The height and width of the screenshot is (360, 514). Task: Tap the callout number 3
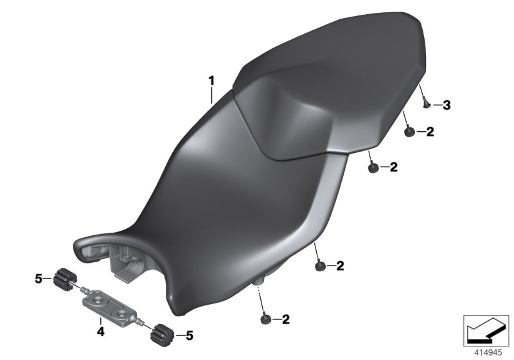(x=447, y=105)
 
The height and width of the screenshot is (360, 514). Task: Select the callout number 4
(x=100, y=332)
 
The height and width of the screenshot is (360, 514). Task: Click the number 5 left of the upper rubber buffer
(x=38, y=278)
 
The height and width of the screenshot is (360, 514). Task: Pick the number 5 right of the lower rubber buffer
(x=188, y=334)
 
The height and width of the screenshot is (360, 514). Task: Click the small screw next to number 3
(x=425, y=102)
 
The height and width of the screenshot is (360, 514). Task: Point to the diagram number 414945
(x=486, y=351)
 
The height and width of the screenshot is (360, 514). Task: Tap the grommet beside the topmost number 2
(x=409, y=132)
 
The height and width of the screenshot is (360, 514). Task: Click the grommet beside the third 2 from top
(x=319, y=265)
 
